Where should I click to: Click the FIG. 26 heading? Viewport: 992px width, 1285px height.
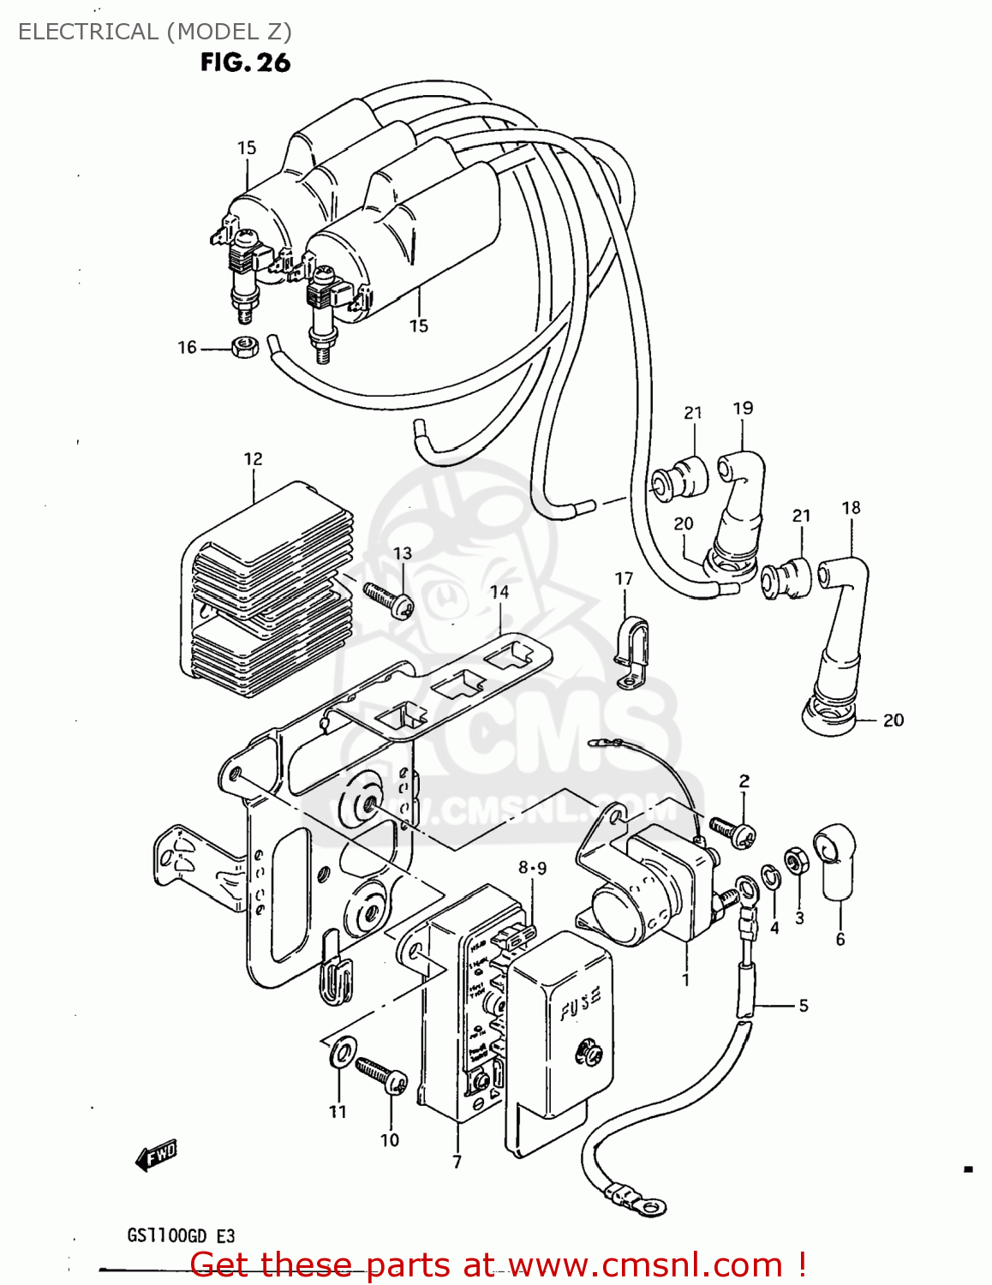point(245,63)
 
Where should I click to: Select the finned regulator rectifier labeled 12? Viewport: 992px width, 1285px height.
point(266,591)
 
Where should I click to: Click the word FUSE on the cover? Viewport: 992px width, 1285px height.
point(581,1003)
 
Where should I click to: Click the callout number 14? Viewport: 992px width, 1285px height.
point(499,592)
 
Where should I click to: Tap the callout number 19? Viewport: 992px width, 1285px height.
point(743,408)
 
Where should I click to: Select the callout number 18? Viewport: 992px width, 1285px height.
point(851,507)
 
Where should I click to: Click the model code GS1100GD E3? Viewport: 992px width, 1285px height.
point(181,1236)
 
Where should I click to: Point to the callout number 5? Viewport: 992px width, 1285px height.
point(803,1005)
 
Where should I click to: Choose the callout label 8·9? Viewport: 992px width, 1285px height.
point(532,868)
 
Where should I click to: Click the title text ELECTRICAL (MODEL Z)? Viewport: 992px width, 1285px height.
point(155,32)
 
